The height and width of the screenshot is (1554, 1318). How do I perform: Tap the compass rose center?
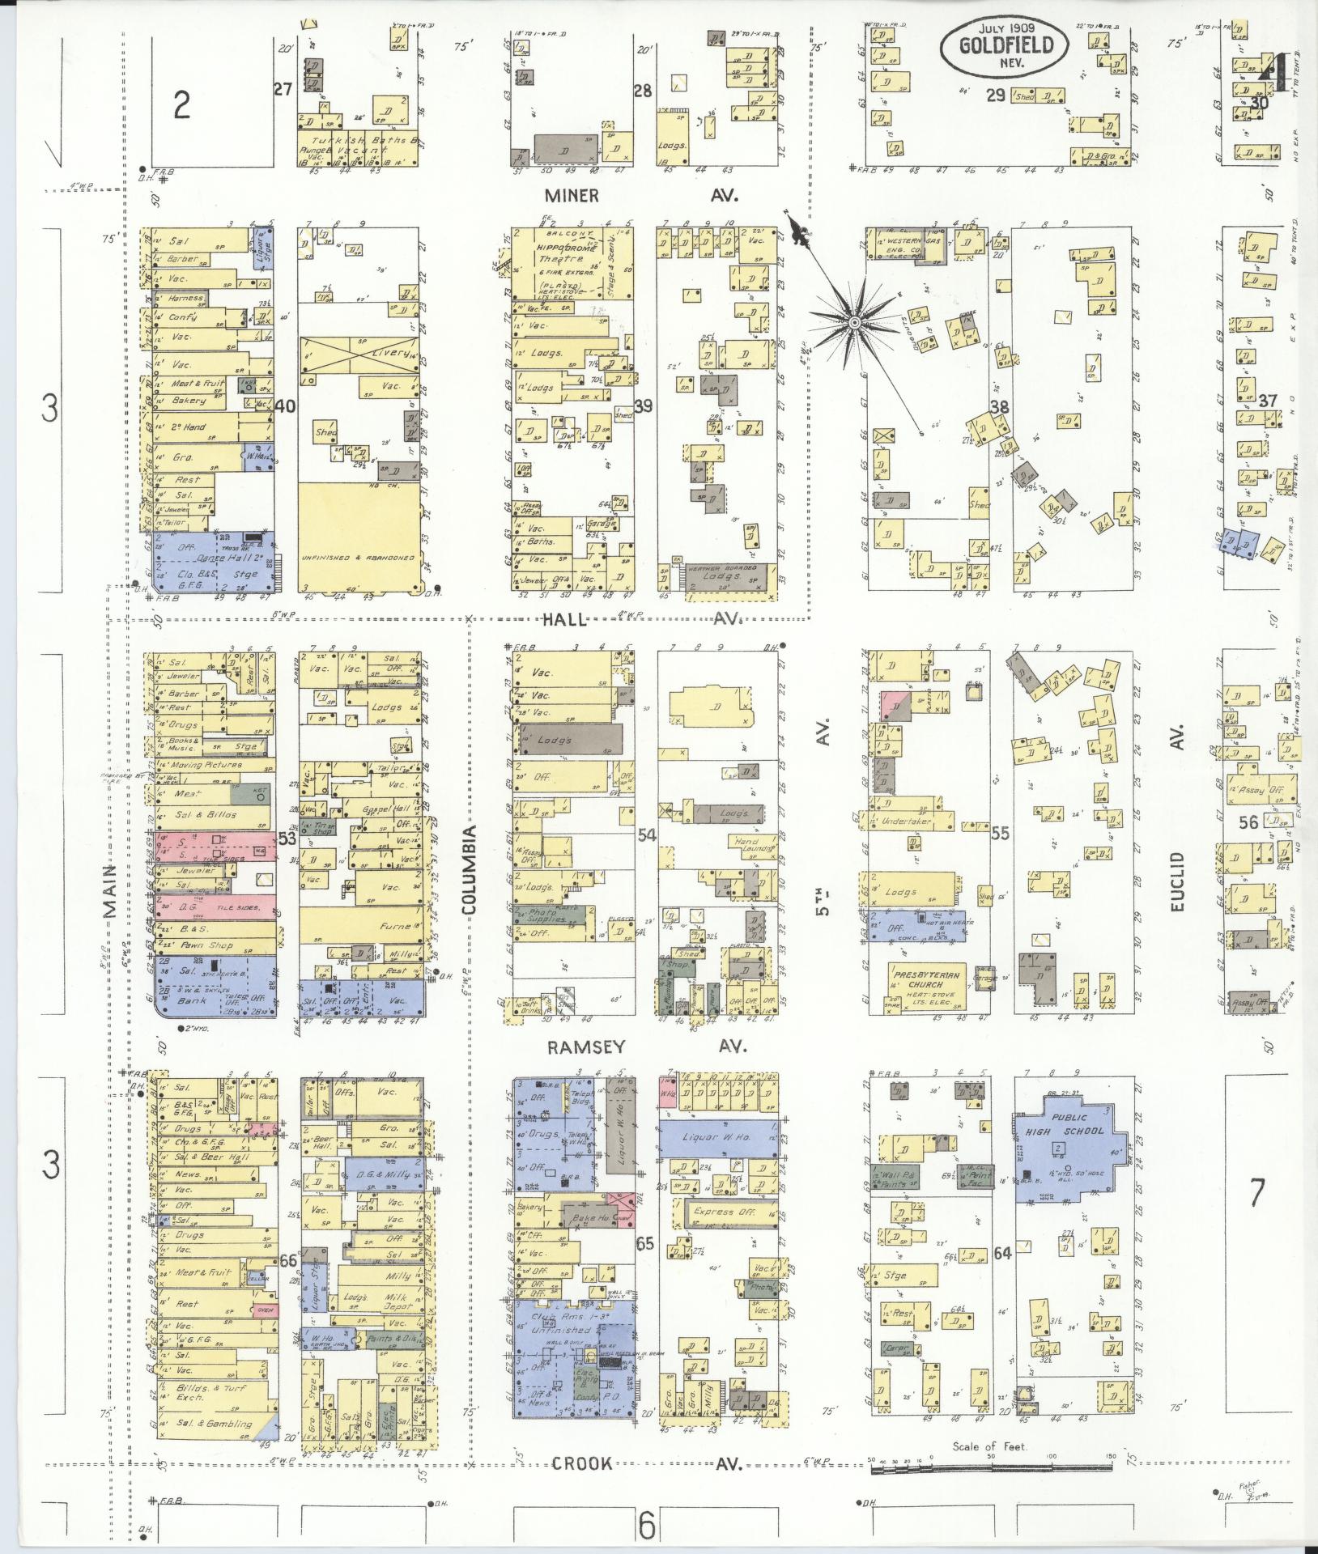[853, 322]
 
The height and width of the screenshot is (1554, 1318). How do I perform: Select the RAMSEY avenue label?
[587, 1047]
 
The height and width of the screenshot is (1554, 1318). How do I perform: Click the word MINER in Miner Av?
[572, 195]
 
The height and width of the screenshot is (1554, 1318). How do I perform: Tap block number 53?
[287, 839]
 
